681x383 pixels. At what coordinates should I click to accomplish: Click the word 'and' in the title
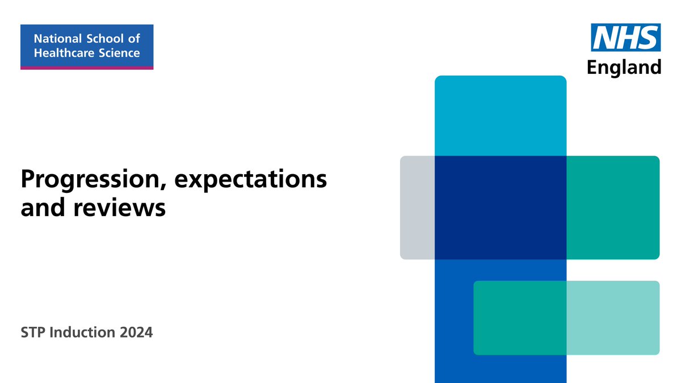[41, 208]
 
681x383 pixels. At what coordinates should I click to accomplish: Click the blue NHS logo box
[626, 37]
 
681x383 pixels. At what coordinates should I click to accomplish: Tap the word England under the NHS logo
[624, 67]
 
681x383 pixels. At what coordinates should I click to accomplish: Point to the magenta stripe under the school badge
[87, 68]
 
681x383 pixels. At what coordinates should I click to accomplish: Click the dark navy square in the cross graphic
[501, 207]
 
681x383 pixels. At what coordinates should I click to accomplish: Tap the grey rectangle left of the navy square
[417, 207]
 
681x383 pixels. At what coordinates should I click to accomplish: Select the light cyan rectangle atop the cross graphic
[501, 116]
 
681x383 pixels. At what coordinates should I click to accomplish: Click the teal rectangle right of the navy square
[613, 207]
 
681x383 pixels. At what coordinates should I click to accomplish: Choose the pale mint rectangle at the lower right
[613, 318]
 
